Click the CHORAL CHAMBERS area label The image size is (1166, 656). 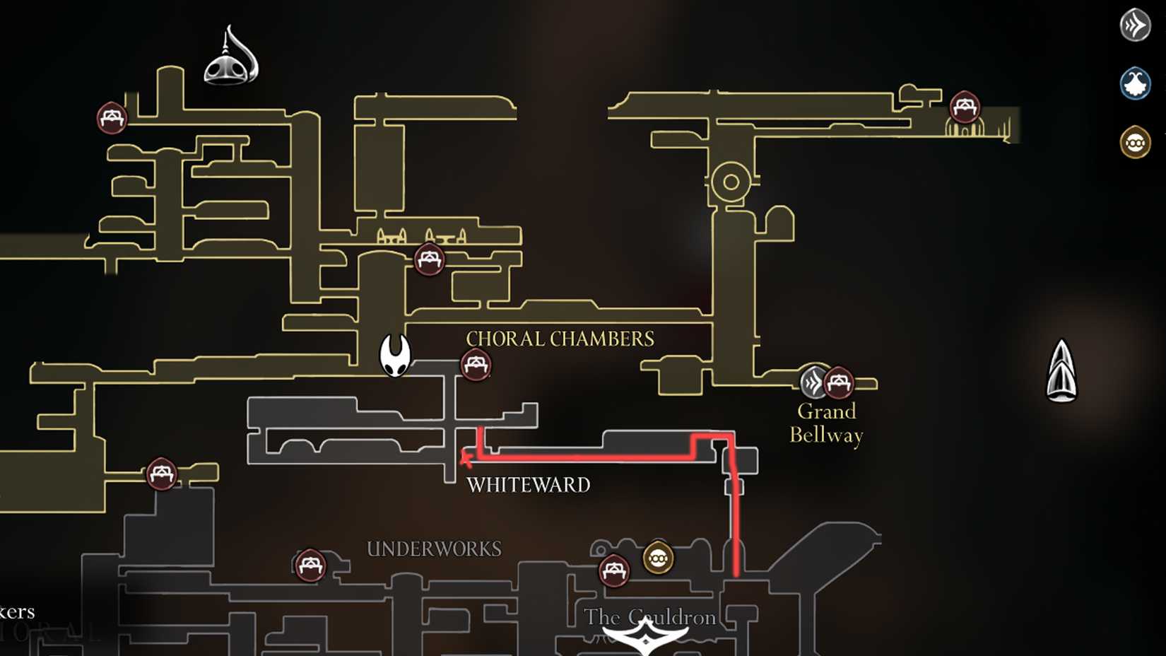[x=560, y=339]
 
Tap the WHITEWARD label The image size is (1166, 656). [x=528, y=485]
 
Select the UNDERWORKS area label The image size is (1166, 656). [x=434, y=549]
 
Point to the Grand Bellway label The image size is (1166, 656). [x=826, y=423]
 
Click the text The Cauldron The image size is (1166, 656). [x=649, y=617]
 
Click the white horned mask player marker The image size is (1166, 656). [x=395, y=355]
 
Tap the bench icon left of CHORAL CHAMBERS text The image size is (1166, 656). [x=476, y=365]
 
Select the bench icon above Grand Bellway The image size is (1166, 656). [x=839, y=383]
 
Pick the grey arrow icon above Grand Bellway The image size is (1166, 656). [x=813, y=382]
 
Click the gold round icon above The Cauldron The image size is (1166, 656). [x=658, y=558]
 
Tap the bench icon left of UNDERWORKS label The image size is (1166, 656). [x=310, y=566]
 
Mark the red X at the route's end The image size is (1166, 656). [x=466, y=459]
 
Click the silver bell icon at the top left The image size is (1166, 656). [x=231, y=57]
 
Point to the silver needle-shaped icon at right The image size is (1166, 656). [x=1061, y=371]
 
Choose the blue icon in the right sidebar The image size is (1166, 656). [x=1135, y=83]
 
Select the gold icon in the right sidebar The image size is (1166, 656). [x=1135, y=143]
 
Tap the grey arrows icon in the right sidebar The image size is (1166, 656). [x=1135, y=25]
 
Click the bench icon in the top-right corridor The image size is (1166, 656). [x=965, y=107]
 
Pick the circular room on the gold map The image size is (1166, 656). [x=731, y=182]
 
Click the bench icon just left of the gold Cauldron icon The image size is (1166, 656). [x=613, y=570]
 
